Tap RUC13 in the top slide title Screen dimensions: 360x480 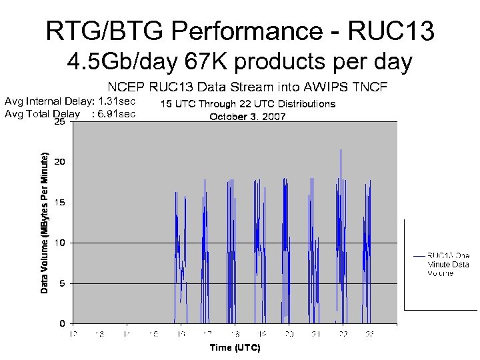coord(395,31)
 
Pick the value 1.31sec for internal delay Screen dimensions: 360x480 coord(117,101)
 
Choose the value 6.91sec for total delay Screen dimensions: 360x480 coord(117,113)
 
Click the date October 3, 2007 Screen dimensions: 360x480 coord(248,117)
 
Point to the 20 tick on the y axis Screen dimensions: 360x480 coord(59,162)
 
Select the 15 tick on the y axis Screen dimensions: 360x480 coord(59,202)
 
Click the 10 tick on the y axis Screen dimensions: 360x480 coord(59,243)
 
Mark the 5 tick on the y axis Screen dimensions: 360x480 coord(61,283)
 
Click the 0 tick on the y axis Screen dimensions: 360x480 coord(61,323)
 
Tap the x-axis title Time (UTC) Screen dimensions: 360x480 coord(235,348)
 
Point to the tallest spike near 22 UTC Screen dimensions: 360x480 coord(341,151)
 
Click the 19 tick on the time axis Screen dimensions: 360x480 coord(262,333)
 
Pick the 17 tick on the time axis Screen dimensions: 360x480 coord(207,333)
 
